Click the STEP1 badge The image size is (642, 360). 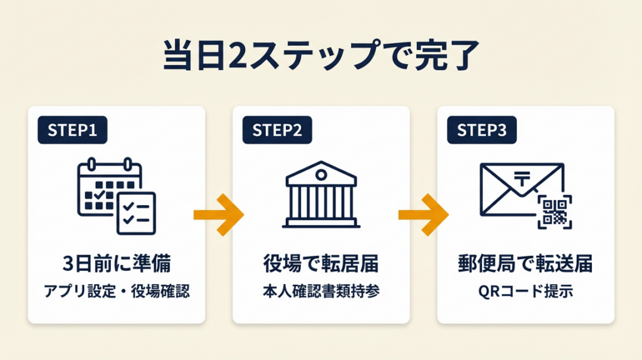[x=72, y=130]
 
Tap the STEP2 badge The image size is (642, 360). [x=276, y=130]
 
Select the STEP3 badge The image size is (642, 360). [x=481, y=130]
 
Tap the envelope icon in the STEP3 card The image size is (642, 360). [x=514, y=188]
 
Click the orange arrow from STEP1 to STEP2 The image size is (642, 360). [x=218, y=214]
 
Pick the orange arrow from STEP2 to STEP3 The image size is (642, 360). [x=423, y=214]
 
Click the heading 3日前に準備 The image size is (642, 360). [x=117, y=264]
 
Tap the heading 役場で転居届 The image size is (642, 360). [x=321, y=264]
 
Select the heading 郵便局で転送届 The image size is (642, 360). [x=525, y=264]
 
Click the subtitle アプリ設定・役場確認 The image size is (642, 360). [x=117, y=292]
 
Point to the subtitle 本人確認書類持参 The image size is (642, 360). [x=321, y=292]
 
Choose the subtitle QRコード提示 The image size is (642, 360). [x=525, y=292]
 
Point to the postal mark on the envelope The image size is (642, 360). [x=522, y=179]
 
